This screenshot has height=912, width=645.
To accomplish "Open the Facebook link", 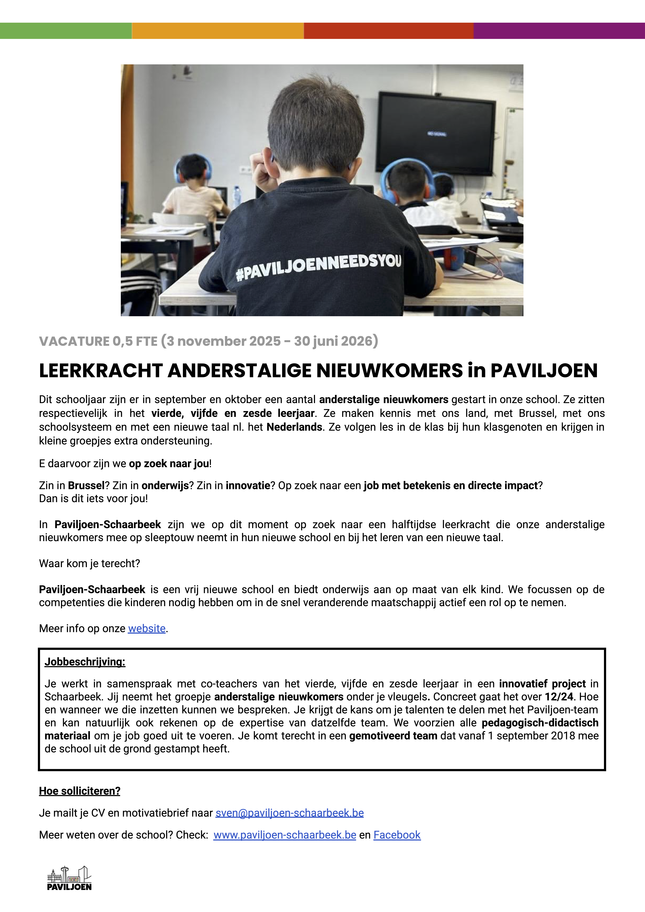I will [x=397, y=835].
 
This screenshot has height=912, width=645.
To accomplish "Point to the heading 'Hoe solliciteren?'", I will [x=79, y=791].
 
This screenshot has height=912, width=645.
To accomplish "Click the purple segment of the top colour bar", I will [x=559, y=31].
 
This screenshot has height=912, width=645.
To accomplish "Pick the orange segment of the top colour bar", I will [x=218, y=31].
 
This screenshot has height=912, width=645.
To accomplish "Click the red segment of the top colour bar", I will [x=388, y=31].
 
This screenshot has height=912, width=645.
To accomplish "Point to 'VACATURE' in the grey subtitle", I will [x=74, y=341].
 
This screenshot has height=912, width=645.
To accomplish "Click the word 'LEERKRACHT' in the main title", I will [x=101, y=371].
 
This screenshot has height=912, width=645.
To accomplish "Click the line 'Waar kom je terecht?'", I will [x=89, y=564].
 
